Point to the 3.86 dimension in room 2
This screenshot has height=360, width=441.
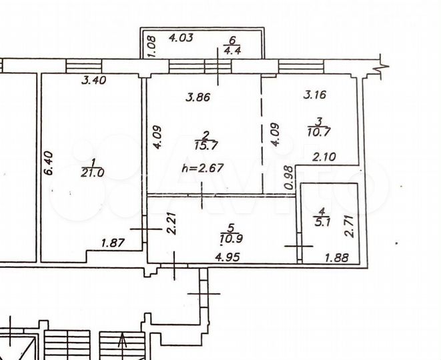(197, 97)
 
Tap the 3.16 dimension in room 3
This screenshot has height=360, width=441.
(314, 94)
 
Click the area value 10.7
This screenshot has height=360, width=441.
(320, 131)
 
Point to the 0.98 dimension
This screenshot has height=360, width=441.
(288, 177)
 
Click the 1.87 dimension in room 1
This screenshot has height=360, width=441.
(113, 245)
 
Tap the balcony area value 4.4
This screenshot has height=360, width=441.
(233, 49)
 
